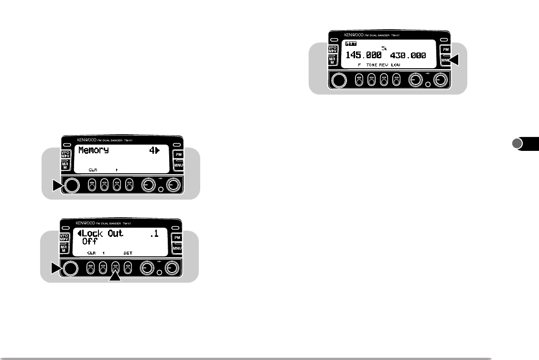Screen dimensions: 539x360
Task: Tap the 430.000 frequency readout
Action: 408,55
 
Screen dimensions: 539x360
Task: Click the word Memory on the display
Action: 93,150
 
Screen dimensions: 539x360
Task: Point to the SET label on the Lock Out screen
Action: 128,253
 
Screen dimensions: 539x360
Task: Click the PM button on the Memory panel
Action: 178,154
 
